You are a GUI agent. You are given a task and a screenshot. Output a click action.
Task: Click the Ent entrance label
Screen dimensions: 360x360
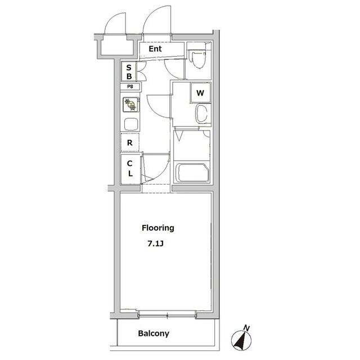tap(155, 49)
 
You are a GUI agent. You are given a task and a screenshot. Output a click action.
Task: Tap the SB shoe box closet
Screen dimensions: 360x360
tap(129, 71)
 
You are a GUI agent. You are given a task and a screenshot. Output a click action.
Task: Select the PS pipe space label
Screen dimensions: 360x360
tap(130, 87)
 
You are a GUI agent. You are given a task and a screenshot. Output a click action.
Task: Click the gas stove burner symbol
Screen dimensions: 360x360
tap(131, 105)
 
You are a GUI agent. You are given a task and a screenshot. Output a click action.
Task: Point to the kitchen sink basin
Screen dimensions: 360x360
tap(131, 124)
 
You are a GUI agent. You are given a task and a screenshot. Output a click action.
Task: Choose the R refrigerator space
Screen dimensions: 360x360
tap(130, 142)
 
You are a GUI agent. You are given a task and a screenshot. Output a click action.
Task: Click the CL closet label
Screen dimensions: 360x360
tap(130, 168)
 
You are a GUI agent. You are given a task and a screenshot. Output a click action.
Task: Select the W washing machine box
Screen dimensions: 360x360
tap(200, 93)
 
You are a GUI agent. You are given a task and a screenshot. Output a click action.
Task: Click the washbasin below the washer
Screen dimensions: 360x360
tap(201, 114)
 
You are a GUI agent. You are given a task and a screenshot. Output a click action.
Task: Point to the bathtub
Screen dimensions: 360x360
tap(192, 173)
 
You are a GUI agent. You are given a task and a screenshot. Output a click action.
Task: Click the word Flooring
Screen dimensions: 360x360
tap(157, 228)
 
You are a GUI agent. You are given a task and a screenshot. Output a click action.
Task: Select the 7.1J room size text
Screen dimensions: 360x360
tap(155, 244)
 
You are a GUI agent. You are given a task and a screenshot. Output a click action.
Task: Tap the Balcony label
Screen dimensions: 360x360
tap(154, 334)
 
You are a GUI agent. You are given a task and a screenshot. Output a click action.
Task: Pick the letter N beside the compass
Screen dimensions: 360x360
tap(246, 328)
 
